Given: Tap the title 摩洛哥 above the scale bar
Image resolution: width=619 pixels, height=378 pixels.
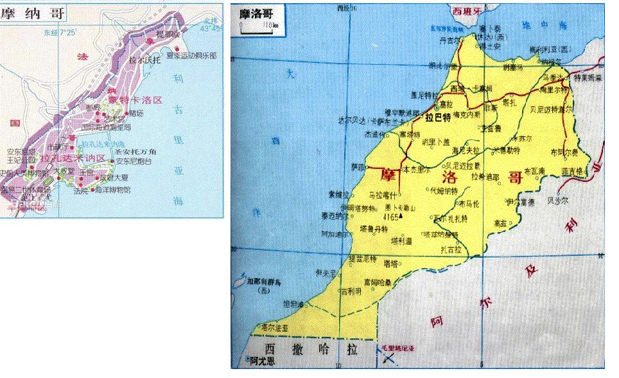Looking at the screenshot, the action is pyautogui.click(x=253, y=13).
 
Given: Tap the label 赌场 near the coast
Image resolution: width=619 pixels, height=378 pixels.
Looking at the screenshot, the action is pyautogui.click(x=137, y=113).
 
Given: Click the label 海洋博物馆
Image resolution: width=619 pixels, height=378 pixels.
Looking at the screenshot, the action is pyautogui.click(x=114, y=190).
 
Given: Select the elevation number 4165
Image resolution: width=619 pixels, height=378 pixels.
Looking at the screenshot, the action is pyautogui.click(x=392, y=217).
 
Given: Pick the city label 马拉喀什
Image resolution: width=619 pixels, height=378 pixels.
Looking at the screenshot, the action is pyautogui.click(x=383, y=194).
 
